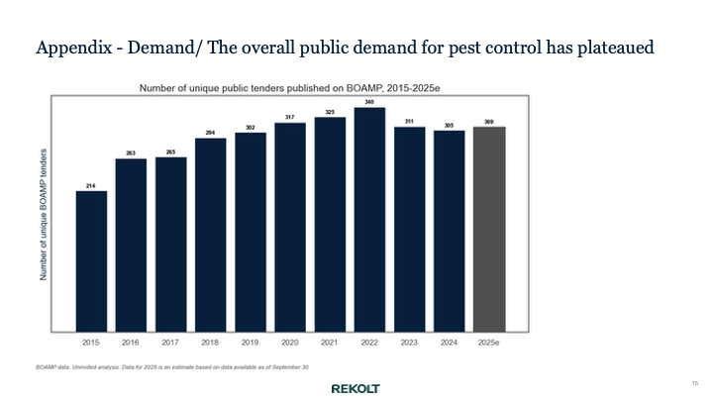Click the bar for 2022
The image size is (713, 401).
[369, 219]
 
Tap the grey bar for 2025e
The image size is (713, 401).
[489, 229]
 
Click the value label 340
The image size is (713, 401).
[369, 102]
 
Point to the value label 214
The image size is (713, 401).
[91, 185]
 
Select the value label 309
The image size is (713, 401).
[489, 121]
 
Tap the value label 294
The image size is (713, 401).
[211, 133]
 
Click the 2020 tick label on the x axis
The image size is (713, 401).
[290, 342]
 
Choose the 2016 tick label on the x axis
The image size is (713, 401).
[131, 342]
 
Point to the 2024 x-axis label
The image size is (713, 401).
[449, 342]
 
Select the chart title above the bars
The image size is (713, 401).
[289, 88]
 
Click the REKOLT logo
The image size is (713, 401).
[355, 388]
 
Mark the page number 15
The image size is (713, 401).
[694, 382]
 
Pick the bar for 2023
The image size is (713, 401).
[409, 229]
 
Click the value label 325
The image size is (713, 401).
[330, 112]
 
